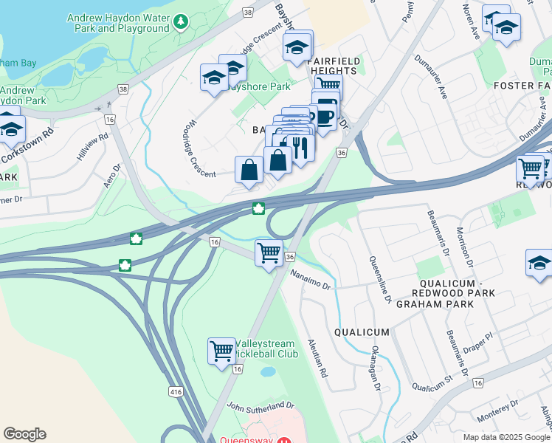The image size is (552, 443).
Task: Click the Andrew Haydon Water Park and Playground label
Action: pyautogui.click(x=118, y=22)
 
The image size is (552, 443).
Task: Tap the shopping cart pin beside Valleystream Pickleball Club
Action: pyautogui.click(x=221, y=351)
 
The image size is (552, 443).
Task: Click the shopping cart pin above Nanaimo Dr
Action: pyautogui.click(x=269, y=253)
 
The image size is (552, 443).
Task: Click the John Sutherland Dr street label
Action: pyautogui.click(x=261, y=406)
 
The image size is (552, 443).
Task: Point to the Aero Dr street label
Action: pyautogui.click(x=111, y=175)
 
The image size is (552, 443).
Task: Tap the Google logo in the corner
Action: pyautogui.click(x=24, y=434)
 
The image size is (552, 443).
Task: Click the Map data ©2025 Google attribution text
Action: pyautogui.click(x=506, y=437)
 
